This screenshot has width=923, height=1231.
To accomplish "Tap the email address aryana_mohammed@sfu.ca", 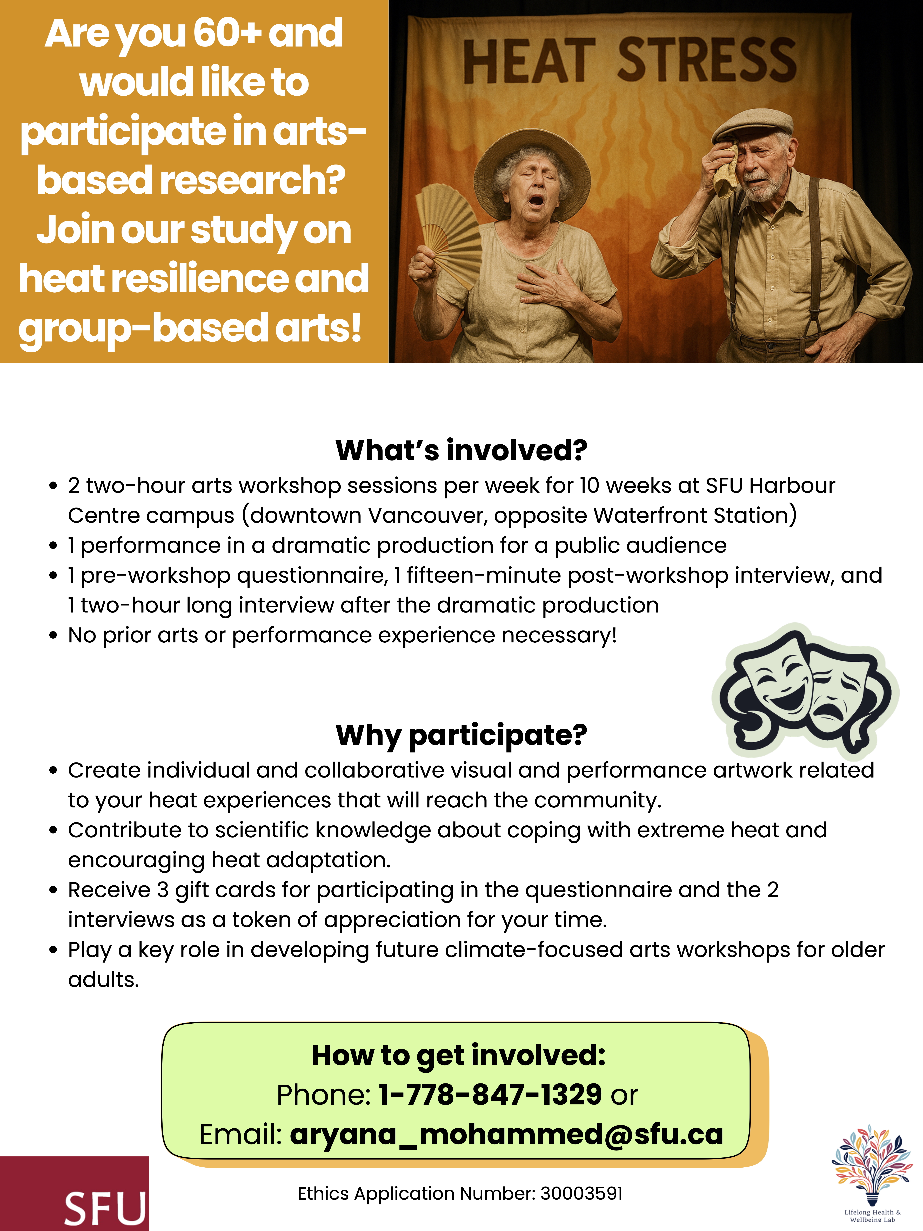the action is click(x=506, y=1134).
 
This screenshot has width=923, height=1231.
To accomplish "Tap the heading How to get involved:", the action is click(x=458, y=1055).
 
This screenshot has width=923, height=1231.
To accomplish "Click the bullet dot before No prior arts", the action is click(x=53, y=636).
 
